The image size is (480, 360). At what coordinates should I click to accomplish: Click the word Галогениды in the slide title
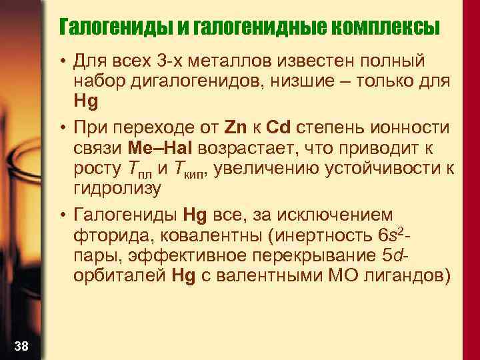tap(115, 28)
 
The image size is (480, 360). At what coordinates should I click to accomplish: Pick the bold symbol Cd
tap(277, 127)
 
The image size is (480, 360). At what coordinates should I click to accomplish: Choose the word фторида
tap(103, 235)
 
